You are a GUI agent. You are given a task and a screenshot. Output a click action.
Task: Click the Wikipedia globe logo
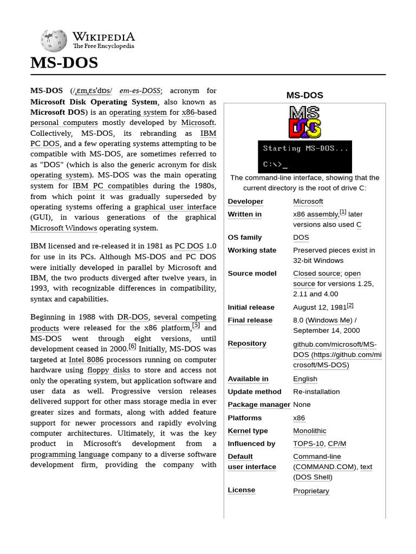(x=54, y=41)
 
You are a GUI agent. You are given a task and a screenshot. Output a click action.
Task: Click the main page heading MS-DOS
(x=64, y=63)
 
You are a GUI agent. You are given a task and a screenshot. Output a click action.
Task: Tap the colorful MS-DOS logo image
(x=304, y=122)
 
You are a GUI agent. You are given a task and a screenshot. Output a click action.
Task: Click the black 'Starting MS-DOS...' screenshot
(x=304, y=156)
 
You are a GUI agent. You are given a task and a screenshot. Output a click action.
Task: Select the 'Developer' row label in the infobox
(x=245, y=201)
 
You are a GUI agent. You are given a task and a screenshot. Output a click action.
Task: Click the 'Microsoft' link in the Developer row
(x=308, y=201)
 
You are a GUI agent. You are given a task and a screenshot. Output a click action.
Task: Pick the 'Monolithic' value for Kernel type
(x=309, y=431)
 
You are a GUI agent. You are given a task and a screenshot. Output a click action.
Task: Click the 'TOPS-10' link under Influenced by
(x=308, y=444)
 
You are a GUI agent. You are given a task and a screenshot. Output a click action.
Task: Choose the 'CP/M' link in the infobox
(x=337, y=444)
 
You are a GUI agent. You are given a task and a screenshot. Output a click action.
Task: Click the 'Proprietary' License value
(x=311, y=491)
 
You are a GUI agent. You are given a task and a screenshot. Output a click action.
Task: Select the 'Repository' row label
(x=247, y=344)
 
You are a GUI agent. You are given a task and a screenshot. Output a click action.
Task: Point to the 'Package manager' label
(x=259, y=405)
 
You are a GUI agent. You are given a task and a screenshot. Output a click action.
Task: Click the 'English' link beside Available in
(x=305, y=379)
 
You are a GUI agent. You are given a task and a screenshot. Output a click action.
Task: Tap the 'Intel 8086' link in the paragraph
(x=86, y=359)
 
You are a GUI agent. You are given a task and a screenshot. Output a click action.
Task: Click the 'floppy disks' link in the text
(x=109, y=370)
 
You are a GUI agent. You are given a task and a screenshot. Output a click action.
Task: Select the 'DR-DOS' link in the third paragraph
(x=133, y=317)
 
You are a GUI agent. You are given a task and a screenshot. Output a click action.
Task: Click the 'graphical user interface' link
(x=175, y=207)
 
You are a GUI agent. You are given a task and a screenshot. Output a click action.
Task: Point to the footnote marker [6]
(x=132, y=347)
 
